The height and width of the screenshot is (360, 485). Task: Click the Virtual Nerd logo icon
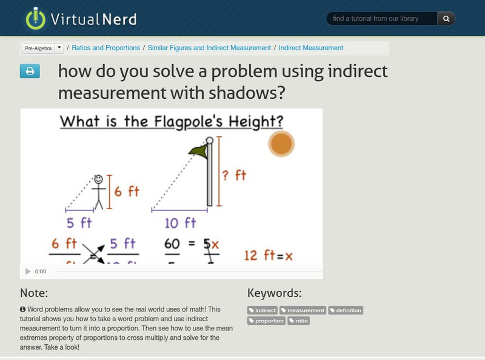[x=36, y=19]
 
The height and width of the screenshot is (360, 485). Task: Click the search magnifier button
[x=446, y=19]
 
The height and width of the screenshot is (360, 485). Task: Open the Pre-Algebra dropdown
[x=42, y=48]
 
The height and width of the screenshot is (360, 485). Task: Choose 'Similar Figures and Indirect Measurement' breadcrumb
[x=209, y=48]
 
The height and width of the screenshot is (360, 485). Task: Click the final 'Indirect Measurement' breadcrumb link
[x=311, y=48]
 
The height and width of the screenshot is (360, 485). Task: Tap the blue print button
[x=29, y=72]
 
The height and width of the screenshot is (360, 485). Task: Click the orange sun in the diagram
[x=281, y=144]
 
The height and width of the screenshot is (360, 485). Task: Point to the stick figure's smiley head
[x=98, y=179]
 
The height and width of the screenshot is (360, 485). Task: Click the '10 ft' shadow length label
[x=180, y=223]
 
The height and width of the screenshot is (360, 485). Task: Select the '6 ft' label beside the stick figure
[x=126, y=191]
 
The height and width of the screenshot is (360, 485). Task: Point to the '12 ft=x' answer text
[x=268, y=256]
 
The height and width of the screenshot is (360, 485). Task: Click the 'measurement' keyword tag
[x=303, y=310]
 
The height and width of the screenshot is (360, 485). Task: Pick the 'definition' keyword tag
[x=346, y=310]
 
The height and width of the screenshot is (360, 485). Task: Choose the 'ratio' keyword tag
[x=298, y=321]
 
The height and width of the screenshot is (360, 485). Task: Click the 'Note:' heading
[x=34, y=293]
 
